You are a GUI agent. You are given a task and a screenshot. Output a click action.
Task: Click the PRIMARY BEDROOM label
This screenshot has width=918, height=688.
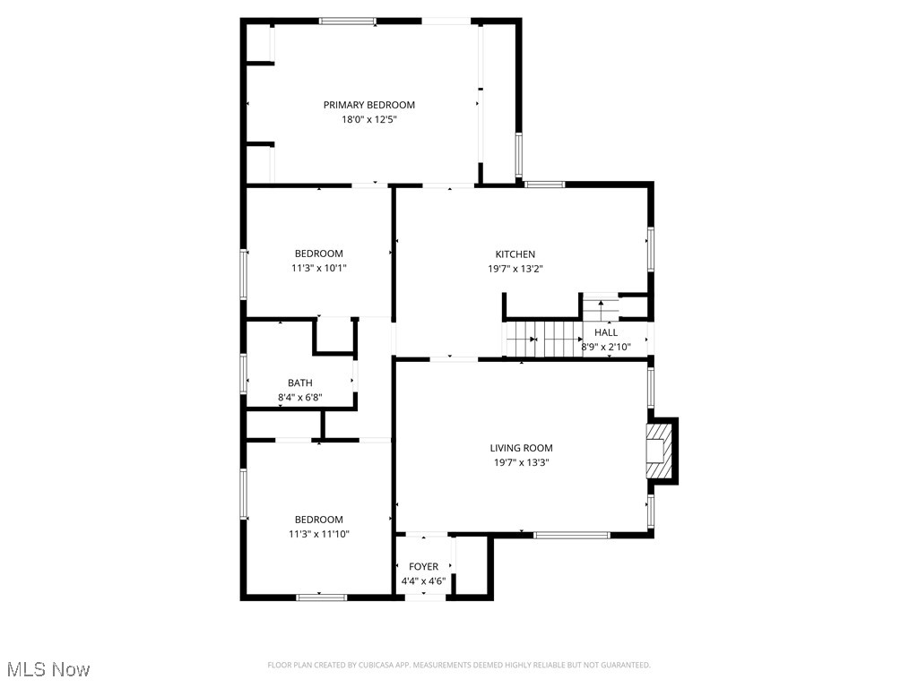(369, 105)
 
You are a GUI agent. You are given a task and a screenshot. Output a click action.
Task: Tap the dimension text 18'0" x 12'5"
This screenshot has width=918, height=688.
(369, 119)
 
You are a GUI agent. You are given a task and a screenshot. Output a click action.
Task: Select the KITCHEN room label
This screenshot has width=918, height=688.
(515, 254)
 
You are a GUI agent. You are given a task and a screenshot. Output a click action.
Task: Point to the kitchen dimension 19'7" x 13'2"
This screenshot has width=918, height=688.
(515, 269)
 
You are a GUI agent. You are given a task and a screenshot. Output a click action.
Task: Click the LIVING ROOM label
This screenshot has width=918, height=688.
(521, 448)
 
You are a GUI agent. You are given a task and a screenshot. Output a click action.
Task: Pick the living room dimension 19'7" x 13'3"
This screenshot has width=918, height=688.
(521, 463)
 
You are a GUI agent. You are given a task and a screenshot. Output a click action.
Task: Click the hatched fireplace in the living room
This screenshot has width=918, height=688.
(658, 452)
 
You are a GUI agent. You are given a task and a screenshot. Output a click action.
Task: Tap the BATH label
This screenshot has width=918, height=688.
(299, 383)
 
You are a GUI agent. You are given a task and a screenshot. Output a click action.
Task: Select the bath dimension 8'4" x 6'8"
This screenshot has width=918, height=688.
(299, 397)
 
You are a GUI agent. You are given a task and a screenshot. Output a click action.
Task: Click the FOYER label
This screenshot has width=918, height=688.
(424, 566)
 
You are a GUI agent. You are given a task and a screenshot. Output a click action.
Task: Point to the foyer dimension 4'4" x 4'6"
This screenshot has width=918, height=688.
(424, 580)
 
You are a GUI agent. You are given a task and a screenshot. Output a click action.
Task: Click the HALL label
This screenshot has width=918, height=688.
(606, 332)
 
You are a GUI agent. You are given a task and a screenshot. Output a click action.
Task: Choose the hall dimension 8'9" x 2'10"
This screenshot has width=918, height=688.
(606, 347)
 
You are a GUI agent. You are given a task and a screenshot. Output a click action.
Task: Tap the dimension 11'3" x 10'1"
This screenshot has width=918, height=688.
(318, 268)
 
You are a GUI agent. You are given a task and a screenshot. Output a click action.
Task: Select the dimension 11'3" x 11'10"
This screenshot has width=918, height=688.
(318, 534)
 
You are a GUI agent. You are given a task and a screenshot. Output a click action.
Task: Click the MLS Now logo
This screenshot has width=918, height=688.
(48, 669)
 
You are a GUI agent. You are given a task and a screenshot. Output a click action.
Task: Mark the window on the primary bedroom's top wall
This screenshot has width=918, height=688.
(348, 21)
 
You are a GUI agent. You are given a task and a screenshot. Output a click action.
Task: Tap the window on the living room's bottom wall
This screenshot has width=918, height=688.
(571, 535)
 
